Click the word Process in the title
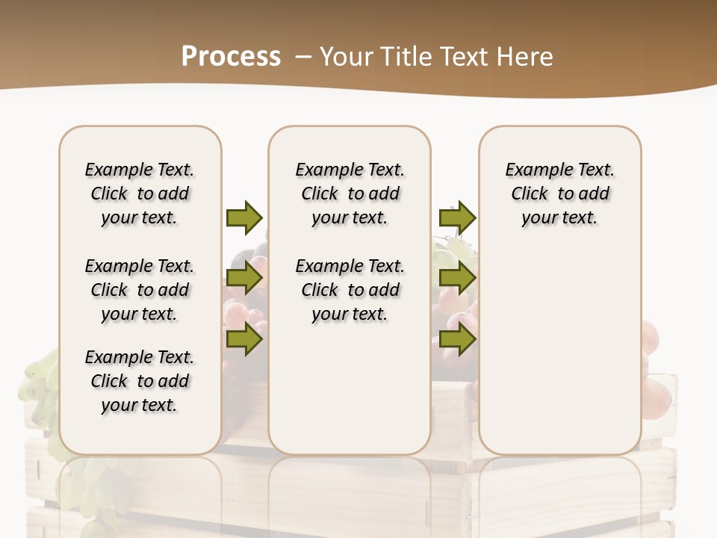coord(231,57)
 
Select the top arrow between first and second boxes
coord(244,217)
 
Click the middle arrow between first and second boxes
coord(244,279)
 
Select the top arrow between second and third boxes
coord(457,217)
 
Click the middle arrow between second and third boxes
coord(457,279)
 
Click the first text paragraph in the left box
coord(140,194)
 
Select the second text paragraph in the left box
coord(140,290)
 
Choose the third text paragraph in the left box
coord(140,381)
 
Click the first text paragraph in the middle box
coord(350,194)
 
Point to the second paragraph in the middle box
coord(350,290)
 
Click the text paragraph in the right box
coord(559,194)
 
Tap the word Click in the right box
coord(530,194)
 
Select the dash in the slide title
coord(303,57)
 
